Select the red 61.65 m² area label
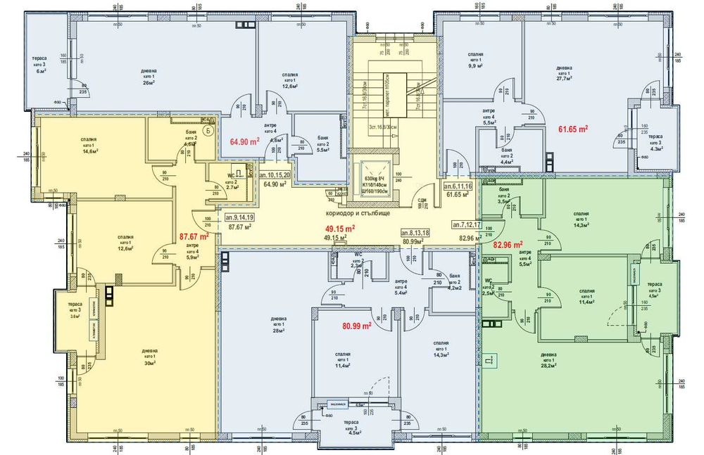573,129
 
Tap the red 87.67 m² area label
194,237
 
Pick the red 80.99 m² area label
357,326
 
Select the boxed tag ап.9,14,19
241,218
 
